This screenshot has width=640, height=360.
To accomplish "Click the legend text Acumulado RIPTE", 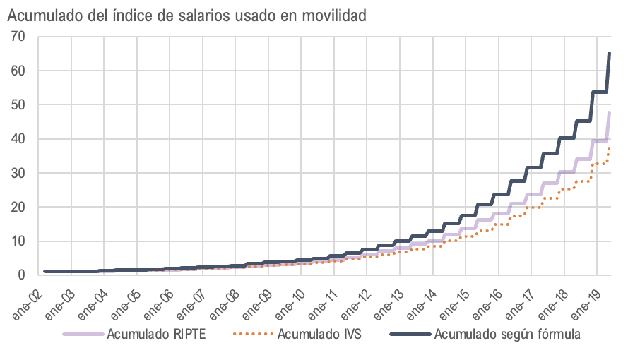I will (156, 334).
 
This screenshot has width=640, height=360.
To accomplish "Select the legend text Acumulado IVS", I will (320, 334).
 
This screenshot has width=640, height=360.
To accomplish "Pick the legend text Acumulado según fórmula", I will (507, 334).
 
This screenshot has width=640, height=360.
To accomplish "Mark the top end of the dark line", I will (610, 53).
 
